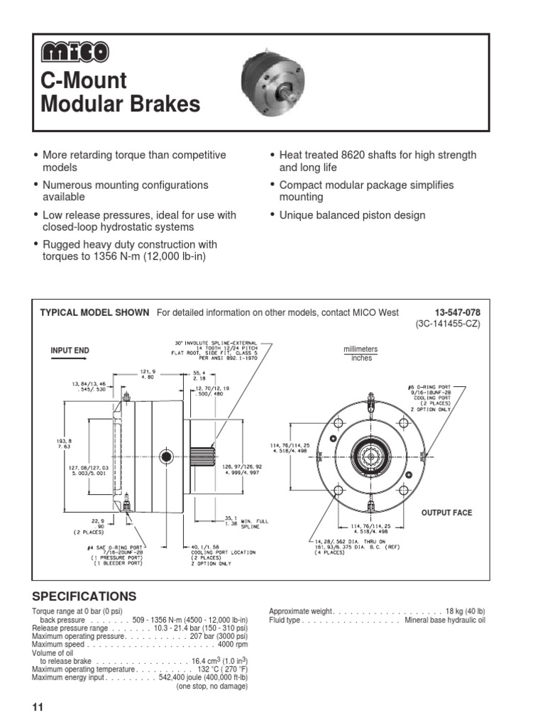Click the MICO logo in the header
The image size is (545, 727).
tap(74, 53)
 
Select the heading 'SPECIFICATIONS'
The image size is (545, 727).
tap(84, 596)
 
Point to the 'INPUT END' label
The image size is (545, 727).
tap(70, 351)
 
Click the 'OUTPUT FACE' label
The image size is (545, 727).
tap(446, 513)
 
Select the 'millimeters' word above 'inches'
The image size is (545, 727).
tap(360, 349)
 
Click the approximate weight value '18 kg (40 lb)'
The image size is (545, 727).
tap(465, 611)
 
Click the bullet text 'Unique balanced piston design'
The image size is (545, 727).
tap(352, 215)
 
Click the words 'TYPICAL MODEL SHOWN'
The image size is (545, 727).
tap(94, 312)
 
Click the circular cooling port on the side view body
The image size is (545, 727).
tap(166, 455)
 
